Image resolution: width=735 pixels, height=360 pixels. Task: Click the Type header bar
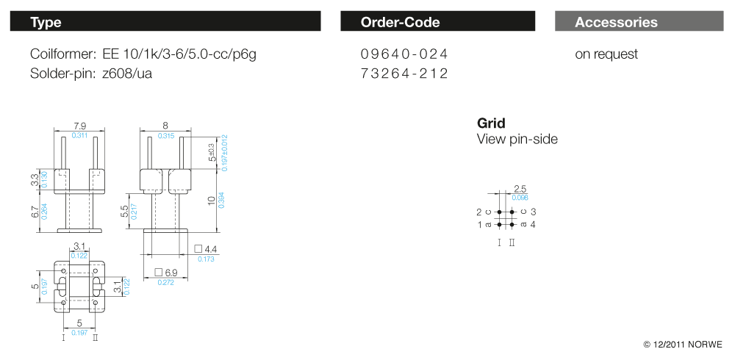[x=165, y=21]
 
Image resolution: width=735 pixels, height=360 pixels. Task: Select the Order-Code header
[x=437, y=21]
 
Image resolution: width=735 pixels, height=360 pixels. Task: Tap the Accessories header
[x=639, y=21]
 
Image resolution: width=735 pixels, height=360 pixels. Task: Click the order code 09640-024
[x=404, y=54]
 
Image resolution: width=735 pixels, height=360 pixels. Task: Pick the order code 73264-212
[x=404, y=73]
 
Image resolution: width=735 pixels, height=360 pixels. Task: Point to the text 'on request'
[x=606, y=54]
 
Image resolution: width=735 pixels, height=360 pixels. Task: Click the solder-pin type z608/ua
[x=126, y=73]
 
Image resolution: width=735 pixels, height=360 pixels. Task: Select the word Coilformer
[x=62, y=54]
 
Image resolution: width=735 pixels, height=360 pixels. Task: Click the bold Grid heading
[x=491, y=123]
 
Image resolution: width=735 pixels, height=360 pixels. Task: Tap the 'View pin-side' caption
[x=517, y=139]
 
